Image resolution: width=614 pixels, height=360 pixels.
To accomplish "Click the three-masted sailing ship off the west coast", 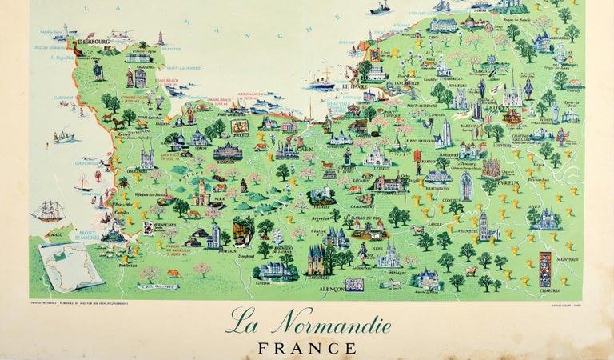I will pyautogui.click(x=47, y=210).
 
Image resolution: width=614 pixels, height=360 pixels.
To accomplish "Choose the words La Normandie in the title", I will pyautogui.click(x=308, y=325).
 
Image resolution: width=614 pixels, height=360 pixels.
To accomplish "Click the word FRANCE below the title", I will pyautogui.click(x=308, y=348).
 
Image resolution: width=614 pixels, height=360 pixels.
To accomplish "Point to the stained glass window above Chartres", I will pyautogui.click(x=545, y=269).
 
